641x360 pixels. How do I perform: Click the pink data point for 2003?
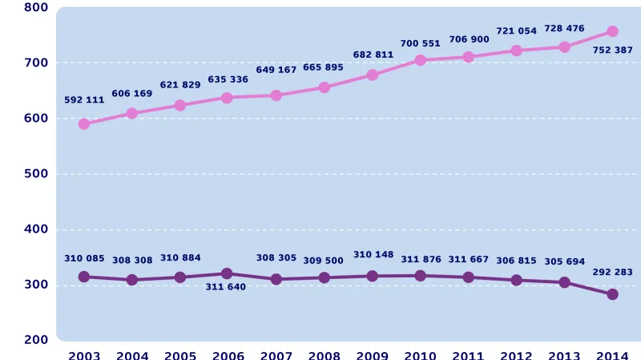pyautogui.click(x=84, y=124)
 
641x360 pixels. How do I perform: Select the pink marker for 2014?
pyautogui.click(x=612, y=31)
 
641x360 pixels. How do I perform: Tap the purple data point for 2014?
pyautogui.click(x=612, y=294)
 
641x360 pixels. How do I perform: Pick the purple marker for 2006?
pyautogui.click(x=228, y=273)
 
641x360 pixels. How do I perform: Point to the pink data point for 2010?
pyautogui.click(x=421, y=60)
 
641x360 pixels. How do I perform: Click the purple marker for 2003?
pyautogui.click(x=84, y=277)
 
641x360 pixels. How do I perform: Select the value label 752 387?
pyautogui.click(x=612, y=50)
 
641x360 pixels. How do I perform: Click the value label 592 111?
pyautogui.click(x=84, y=100)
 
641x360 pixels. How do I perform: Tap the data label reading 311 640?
pyautogui.click(x=228, y=286)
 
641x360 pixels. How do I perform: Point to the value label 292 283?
pyautogui.click(x=612, y=272)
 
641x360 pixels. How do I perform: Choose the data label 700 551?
pyautogui.click(x=421, y=43)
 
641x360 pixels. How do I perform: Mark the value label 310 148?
pyautogui.click(x=373, y=255)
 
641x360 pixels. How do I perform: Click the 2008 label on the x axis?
pyautogui.click(x=325, y=355)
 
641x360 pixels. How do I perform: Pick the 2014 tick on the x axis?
pyautogui.click(x=612, y=355)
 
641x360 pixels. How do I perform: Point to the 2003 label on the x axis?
pyautogui.click(x=84, y=355)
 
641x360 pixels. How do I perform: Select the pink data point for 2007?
pyautogui.click(x=276, y=95)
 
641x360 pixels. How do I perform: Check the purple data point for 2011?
pyautogui.click(x=469, y=277)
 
